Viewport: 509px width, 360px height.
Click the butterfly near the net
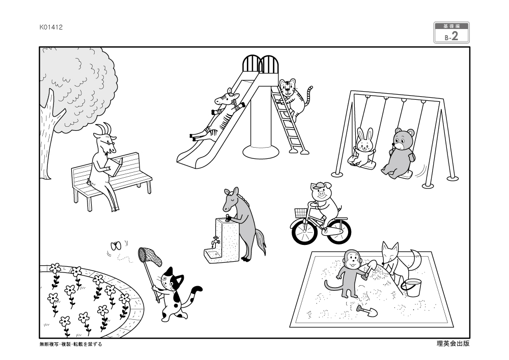point(116,246)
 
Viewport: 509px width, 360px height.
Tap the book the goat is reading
point(115,167)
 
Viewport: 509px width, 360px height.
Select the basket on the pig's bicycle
point(301,213)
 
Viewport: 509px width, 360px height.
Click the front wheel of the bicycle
point(304,232)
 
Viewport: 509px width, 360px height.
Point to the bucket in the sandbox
point(412,288)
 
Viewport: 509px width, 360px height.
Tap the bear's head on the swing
point(403,139)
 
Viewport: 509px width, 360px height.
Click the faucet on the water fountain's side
point(215,241)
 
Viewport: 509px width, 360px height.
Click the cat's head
point(171,280)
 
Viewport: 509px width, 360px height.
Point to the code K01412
point(51,27)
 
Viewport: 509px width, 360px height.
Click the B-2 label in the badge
point(451,36)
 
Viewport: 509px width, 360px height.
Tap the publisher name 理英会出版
point(453,343)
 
